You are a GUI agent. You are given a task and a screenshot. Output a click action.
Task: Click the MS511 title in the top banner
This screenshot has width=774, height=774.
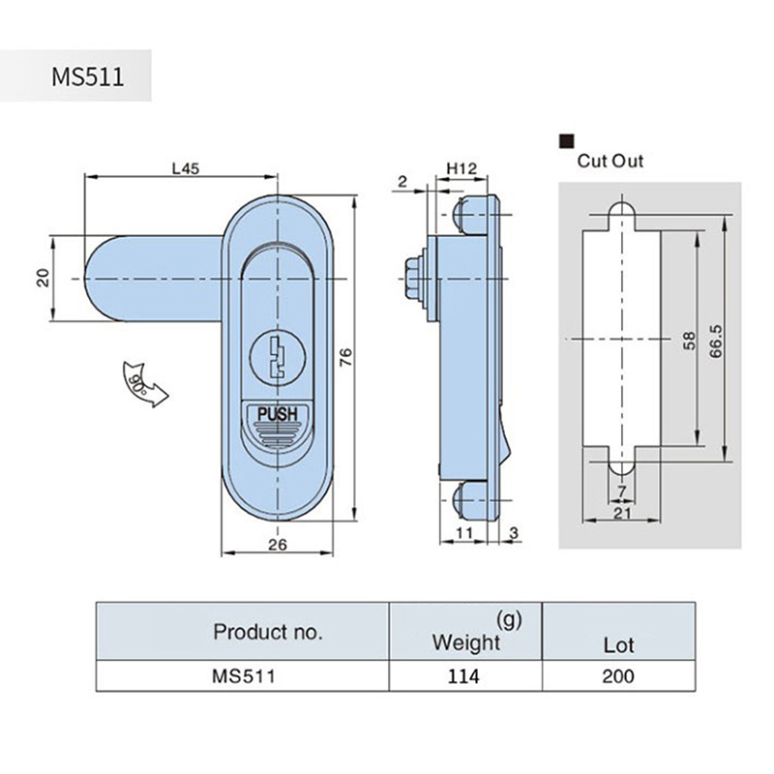[x=87, y=75]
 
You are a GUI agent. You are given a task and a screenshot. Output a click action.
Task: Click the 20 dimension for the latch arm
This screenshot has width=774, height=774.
[x=43, y=278]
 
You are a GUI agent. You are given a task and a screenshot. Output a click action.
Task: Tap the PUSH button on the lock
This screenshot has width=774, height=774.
[x=277, y=417]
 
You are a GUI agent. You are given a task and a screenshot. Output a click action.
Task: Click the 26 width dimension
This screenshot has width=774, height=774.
[x=277, y=544]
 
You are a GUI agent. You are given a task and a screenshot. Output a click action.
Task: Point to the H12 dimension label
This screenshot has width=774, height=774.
[x=461, y=169]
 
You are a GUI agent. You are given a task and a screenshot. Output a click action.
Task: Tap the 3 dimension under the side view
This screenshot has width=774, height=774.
[x=513, y=533]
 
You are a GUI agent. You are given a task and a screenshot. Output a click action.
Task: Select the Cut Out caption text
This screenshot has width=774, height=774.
[x=610, y=162]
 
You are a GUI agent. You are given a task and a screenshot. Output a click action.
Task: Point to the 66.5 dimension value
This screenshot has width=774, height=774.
[x=717, y=341]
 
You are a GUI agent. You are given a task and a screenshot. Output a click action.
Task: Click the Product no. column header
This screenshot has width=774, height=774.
[x=267, y=633]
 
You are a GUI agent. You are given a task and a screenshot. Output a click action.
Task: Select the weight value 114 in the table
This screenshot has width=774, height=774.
[x=462, y=675]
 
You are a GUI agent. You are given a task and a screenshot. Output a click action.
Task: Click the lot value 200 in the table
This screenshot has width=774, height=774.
[x=617, y=675]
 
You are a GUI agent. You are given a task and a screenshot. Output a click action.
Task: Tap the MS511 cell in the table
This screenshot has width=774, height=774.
[x=244, y=675]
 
